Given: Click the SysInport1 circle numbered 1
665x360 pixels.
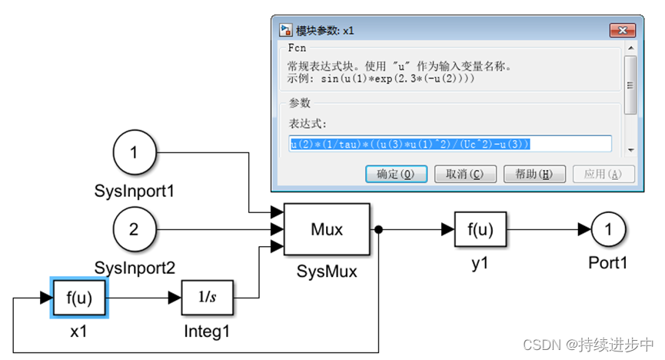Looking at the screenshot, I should tap(135, 152).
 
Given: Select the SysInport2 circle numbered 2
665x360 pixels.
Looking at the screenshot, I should tap(135, 229).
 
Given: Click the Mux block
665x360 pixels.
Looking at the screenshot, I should tap(327, 229).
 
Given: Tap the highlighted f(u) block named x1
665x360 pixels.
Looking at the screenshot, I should tap(79, 298).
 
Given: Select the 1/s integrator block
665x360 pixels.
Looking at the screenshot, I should tap(207, 298).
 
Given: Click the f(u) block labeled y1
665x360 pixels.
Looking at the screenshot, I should tap(480, 229).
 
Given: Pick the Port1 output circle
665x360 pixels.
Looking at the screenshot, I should tap(609, 229).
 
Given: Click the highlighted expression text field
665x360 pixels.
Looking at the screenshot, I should tap(451, 144).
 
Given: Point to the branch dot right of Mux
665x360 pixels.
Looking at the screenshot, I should tap(379, 229).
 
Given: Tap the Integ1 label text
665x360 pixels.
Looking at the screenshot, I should tap(207, 332).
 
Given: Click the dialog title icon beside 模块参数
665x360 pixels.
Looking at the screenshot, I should tap(285, 31).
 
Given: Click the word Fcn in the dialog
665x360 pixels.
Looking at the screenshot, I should tap(297, 48).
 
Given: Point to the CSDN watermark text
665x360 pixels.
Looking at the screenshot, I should tap(589, 344).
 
